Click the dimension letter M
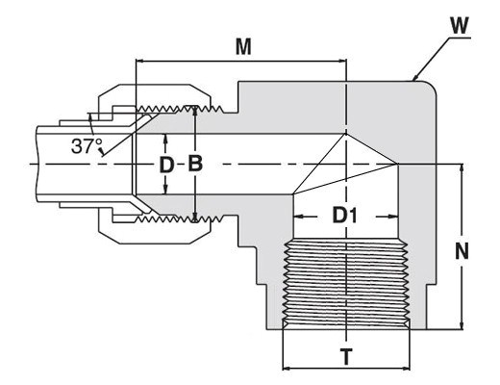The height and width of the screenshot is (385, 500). [x=243, y=47]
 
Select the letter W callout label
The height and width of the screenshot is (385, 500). [x=460, y=26]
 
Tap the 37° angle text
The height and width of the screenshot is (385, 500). [x=87, y=145]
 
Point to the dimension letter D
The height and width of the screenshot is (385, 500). [x=166, y=166]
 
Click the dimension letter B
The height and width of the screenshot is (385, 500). [x=195, y=164]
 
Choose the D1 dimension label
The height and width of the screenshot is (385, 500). [x=344, y=215]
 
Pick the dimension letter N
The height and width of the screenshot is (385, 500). [x=462, y=250]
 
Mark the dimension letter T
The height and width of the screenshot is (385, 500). [x=346, y=357]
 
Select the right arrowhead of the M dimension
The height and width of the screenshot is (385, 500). [x=342, y=61]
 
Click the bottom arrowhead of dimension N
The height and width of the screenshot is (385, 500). [x=462, y=325]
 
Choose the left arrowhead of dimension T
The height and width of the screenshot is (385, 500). [x=287, y=368]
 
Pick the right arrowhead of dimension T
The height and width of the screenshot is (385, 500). [x=406, y=368]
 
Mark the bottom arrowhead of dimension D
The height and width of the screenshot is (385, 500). [x=165, y=190]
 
